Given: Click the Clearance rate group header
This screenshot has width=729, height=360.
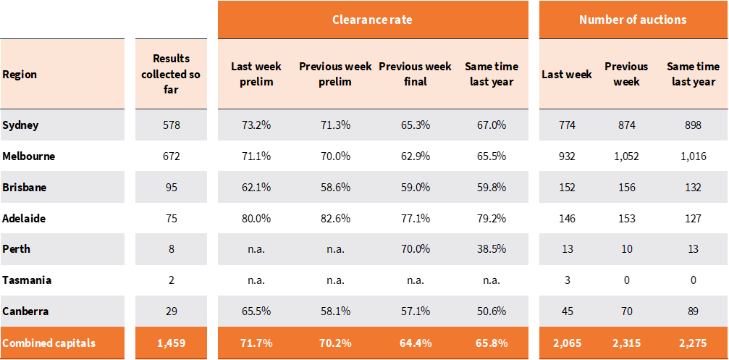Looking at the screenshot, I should click(x=372, y=20).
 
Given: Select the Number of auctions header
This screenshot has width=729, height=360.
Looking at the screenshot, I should click(x=633, y=20).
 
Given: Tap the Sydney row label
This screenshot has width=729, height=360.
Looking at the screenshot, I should click(x=20, y=125).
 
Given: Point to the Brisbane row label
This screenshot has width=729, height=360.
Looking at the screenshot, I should click(x=25, y=187).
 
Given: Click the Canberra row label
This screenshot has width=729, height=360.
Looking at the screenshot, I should click(x=25, y=311).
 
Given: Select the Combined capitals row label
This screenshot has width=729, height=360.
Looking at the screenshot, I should click(x=49, y=343).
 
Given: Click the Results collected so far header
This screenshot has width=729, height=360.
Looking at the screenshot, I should click(x=171, y=74).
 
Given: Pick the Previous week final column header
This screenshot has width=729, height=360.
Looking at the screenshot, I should click(x=415, y=74).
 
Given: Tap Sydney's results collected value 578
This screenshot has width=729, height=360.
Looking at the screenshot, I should click(x=171, y=125).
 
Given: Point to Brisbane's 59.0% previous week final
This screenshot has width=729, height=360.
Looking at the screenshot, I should click(x=415, y=187).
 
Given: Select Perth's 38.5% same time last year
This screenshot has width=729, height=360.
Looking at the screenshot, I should click(x=491, y=249).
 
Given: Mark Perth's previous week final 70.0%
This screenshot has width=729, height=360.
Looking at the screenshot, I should click(x=415, y=249).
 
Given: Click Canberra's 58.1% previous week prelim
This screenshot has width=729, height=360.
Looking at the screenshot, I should click(x=335, y=311).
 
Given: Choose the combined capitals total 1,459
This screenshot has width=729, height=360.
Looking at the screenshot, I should click(x=171, y=343).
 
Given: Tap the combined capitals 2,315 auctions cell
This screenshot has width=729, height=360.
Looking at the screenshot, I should click(x=626, y=343).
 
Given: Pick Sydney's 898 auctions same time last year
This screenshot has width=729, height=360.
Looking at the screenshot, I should click(x=693, y=125).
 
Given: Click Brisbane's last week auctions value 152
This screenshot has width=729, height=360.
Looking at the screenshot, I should click(x=567, y=187).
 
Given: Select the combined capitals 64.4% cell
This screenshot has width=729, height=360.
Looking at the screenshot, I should click(x=415, y=343).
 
